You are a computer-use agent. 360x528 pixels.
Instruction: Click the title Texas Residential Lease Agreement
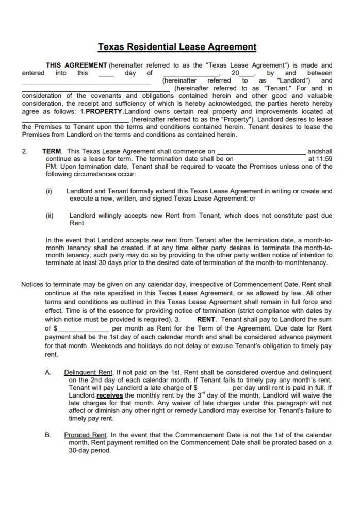pyautogui.click(x=177, y=47)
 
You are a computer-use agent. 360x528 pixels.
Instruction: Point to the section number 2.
pyautogui.click(x=24, y=152)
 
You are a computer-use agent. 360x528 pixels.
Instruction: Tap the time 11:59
pyautogui.click(x=323, y=159)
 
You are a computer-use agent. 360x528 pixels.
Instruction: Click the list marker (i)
pyautogui.click(x=49, y=191)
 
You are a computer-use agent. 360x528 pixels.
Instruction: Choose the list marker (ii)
pyautogui.click(x=50, y=216)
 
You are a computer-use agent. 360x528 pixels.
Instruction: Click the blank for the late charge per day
pyautogui.click(x=214, y=387)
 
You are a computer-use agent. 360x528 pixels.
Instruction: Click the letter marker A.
pyautogui.click(x=47, y=372)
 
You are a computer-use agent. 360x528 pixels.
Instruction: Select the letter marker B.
pyautogui.click(x=47, y=435)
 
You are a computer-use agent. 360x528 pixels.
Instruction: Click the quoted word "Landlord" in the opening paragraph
pyautogui.click(x=293, y=81)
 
